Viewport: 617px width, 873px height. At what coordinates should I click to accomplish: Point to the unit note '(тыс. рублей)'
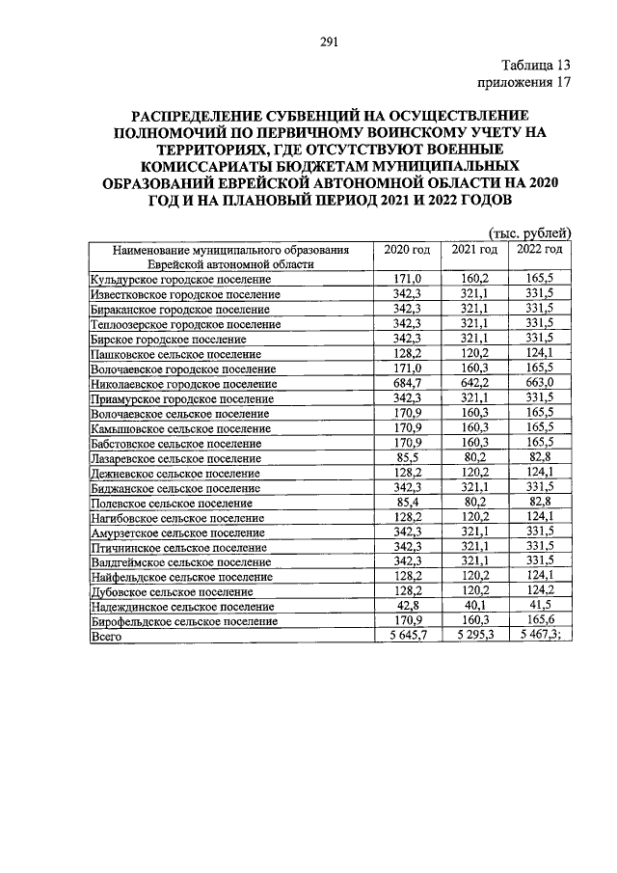tap(530, 232)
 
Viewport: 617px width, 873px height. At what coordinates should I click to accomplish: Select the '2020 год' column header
tap(407, 250)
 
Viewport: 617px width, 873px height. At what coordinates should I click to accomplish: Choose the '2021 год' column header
tap(474, 250)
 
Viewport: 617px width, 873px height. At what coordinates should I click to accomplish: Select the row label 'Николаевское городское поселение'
tap(183, 384)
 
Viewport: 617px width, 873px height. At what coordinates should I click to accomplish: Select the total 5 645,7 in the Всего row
tap(407, 637)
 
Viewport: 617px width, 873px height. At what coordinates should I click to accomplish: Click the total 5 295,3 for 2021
tap(473, 637)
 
